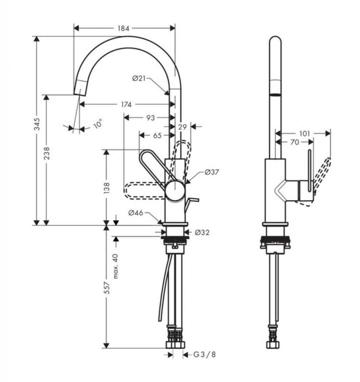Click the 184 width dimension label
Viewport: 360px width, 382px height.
click(x=123, y=28)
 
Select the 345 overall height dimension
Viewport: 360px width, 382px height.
click(x=37, y=124)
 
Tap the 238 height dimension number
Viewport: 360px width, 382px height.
click(x=46, y=153)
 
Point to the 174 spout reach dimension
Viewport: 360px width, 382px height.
click(x=126, y=104)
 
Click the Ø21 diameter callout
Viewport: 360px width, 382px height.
click(x=139, y=78)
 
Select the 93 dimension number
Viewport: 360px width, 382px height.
click(x=150, y=118)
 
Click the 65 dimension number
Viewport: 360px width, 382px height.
click(x=157, y=135)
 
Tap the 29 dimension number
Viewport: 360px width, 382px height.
click(x=182, y=127)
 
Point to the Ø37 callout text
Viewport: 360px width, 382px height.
click(x=212, y=172)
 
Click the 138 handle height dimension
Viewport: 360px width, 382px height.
click(x=106, y=188)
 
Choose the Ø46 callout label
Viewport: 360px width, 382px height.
click(x=136, y=213)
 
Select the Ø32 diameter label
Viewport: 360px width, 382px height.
click(x=202, y=232)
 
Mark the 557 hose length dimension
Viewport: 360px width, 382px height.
click(x=106, y=288)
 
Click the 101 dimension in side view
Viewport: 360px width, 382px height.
click(x=304, y=134)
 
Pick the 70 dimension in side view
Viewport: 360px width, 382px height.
click(x=294, y=142)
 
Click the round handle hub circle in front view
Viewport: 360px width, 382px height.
click(x=175, y=191)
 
